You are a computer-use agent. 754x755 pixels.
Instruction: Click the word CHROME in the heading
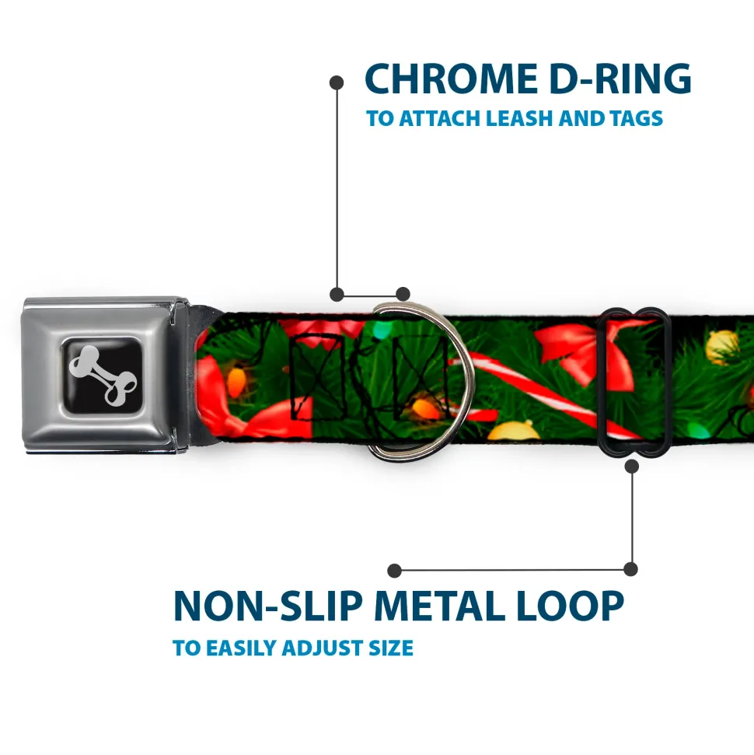coord(446,79)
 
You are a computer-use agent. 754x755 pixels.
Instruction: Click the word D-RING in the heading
coord(614,79)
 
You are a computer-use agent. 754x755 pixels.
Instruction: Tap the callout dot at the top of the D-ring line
coord(337,81)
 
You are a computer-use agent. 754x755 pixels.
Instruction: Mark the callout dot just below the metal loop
coord(632,466)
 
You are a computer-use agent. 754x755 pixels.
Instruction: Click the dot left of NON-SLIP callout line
coord(395,570)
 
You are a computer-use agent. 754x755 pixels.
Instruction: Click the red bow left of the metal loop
coord(575,346)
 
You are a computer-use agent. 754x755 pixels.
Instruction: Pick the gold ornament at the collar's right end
coord(721,346)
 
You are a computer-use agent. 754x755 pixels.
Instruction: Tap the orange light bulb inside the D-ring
coord(427,407)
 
